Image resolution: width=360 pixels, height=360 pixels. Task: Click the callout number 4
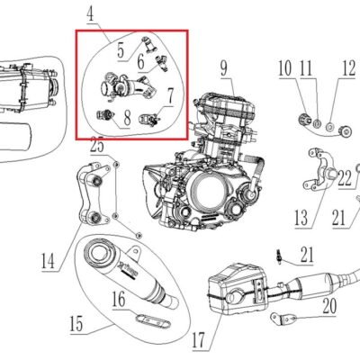(90, 14)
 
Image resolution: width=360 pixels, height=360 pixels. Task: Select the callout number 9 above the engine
(224, 68)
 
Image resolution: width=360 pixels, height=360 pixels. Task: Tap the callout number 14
(48, 261)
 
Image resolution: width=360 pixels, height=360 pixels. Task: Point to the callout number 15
(76, 324)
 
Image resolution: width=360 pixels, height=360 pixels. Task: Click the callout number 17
(198, 340)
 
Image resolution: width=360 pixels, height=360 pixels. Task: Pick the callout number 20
(329, 306)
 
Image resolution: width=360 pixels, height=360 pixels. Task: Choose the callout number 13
(301, 218)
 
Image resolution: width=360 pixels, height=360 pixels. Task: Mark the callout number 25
(97, 146)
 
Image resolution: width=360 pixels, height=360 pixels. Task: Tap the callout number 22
(345, 178)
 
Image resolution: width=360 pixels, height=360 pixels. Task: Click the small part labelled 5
(148, 44)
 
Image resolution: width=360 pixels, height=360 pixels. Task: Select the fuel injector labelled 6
(160, 64)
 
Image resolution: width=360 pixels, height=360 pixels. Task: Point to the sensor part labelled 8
(105, 114)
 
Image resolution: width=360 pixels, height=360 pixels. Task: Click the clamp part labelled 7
(148, 120)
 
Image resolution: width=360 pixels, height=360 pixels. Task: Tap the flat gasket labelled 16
(153, 321)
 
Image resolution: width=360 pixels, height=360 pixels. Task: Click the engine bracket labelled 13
(319, 170)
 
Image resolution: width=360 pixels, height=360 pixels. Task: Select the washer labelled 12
(329, 126)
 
